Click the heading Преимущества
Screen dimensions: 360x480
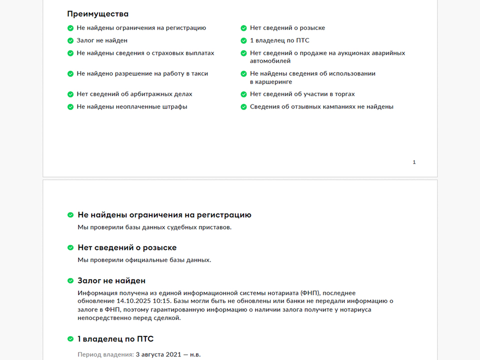(x=97, y=14)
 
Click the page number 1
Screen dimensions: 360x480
(x=414, y=162)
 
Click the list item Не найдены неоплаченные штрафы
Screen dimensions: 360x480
(x=131, y=106)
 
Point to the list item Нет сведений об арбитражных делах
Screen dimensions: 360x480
(x=134, y=94)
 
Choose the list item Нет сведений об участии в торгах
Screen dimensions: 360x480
(x=302, y=94)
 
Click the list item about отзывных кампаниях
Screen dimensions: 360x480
(x=321, y=106)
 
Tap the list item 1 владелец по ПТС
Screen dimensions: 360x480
(x=279, y=40)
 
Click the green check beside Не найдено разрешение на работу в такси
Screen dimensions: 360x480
(x=70, y=73)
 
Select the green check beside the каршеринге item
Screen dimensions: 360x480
(x=244, y=73)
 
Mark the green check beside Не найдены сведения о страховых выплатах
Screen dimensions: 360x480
(x=70, y=53)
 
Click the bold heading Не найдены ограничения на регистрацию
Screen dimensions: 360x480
(x=164, y=215)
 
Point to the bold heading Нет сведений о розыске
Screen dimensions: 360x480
(x=127, y=247)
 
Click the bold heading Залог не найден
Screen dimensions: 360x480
(x=111, y=281)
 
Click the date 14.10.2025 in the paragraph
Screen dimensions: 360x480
(x=134, y=301)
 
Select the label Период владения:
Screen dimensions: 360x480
(x=105, y=354)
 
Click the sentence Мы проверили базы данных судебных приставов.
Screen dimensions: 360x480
(x=154, y=227)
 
